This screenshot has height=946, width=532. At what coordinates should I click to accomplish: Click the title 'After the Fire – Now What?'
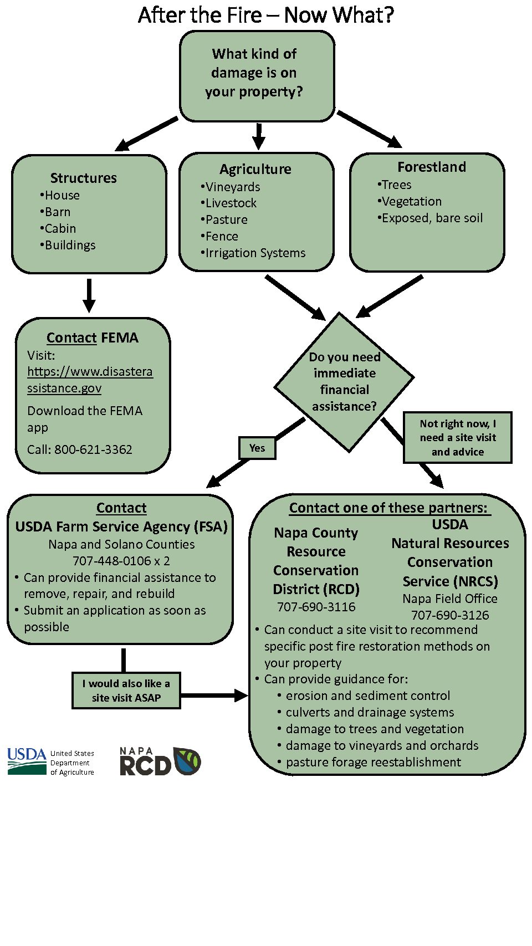(x=266, y=15)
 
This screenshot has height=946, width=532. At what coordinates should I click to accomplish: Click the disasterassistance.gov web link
(x=90, y=380)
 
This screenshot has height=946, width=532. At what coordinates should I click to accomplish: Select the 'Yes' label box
(x=257, y=448)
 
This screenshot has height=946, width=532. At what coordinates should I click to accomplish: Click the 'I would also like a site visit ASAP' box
(x=126, y=691)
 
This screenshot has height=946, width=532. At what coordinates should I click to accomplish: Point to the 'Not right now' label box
(x=458, y=437)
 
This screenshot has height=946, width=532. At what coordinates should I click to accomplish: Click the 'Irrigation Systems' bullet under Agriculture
(x=253, y=253)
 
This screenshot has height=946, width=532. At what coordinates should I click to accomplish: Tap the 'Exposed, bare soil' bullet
(x=430, y=218)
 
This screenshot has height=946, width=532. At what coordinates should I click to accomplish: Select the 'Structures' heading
(x=84, y=178)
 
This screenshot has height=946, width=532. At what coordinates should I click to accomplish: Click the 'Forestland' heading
(x=432, y=167)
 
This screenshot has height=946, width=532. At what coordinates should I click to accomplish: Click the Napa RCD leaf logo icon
(x=187, y=761)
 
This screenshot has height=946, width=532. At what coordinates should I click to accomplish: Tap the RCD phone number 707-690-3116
(x=316, y=607)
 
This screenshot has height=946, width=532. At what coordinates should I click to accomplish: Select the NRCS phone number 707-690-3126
(x=450, y=615)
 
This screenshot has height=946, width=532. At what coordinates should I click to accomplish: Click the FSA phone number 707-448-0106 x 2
(x=121, y=561)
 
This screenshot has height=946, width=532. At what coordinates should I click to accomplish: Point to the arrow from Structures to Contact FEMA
(x=89, y=295)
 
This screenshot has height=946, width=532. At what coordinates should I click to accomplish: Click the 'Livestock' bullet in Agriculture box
(x=228, y=203)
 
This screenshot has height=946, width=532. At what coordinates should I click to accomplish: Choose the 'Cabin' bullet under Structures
(x=58, y=228)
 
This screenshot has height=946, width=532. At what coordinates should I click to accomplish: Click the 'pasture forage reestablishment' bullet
(x=370, y=762)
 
